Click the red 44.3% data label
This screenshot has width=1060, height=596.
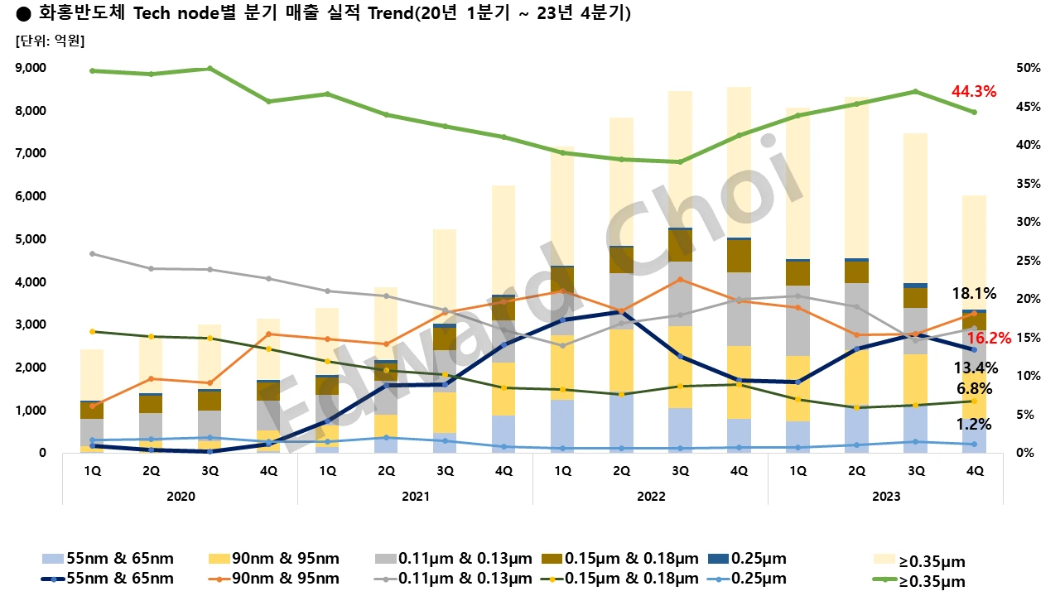pos(973,92)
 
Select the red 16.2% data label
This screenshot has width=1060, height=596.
pos(990,338)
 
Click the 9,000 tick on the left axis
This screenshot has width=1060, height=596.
pos(31,68)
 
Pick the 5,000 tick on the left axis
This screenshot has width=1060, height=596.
pos(31,239)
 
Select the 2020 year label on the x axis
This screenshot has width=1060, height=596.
pos(181,496)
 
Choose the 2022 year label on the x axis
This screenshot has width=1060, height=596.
pos(650,496)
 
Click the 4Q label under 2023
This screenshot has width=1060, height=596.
pos(974,471)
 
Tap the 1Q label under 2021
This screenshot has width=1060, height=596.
pos(327,471)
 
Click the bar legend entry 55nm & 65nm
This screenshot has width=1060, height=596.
pos(108,560)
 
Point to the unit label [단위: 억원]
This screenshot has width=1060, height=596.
pos(51,39)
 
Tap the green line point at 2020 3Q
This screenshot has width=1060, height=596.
pos(210,69)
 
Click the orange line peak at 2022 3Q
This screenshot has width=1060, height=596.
pos(679,279)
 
